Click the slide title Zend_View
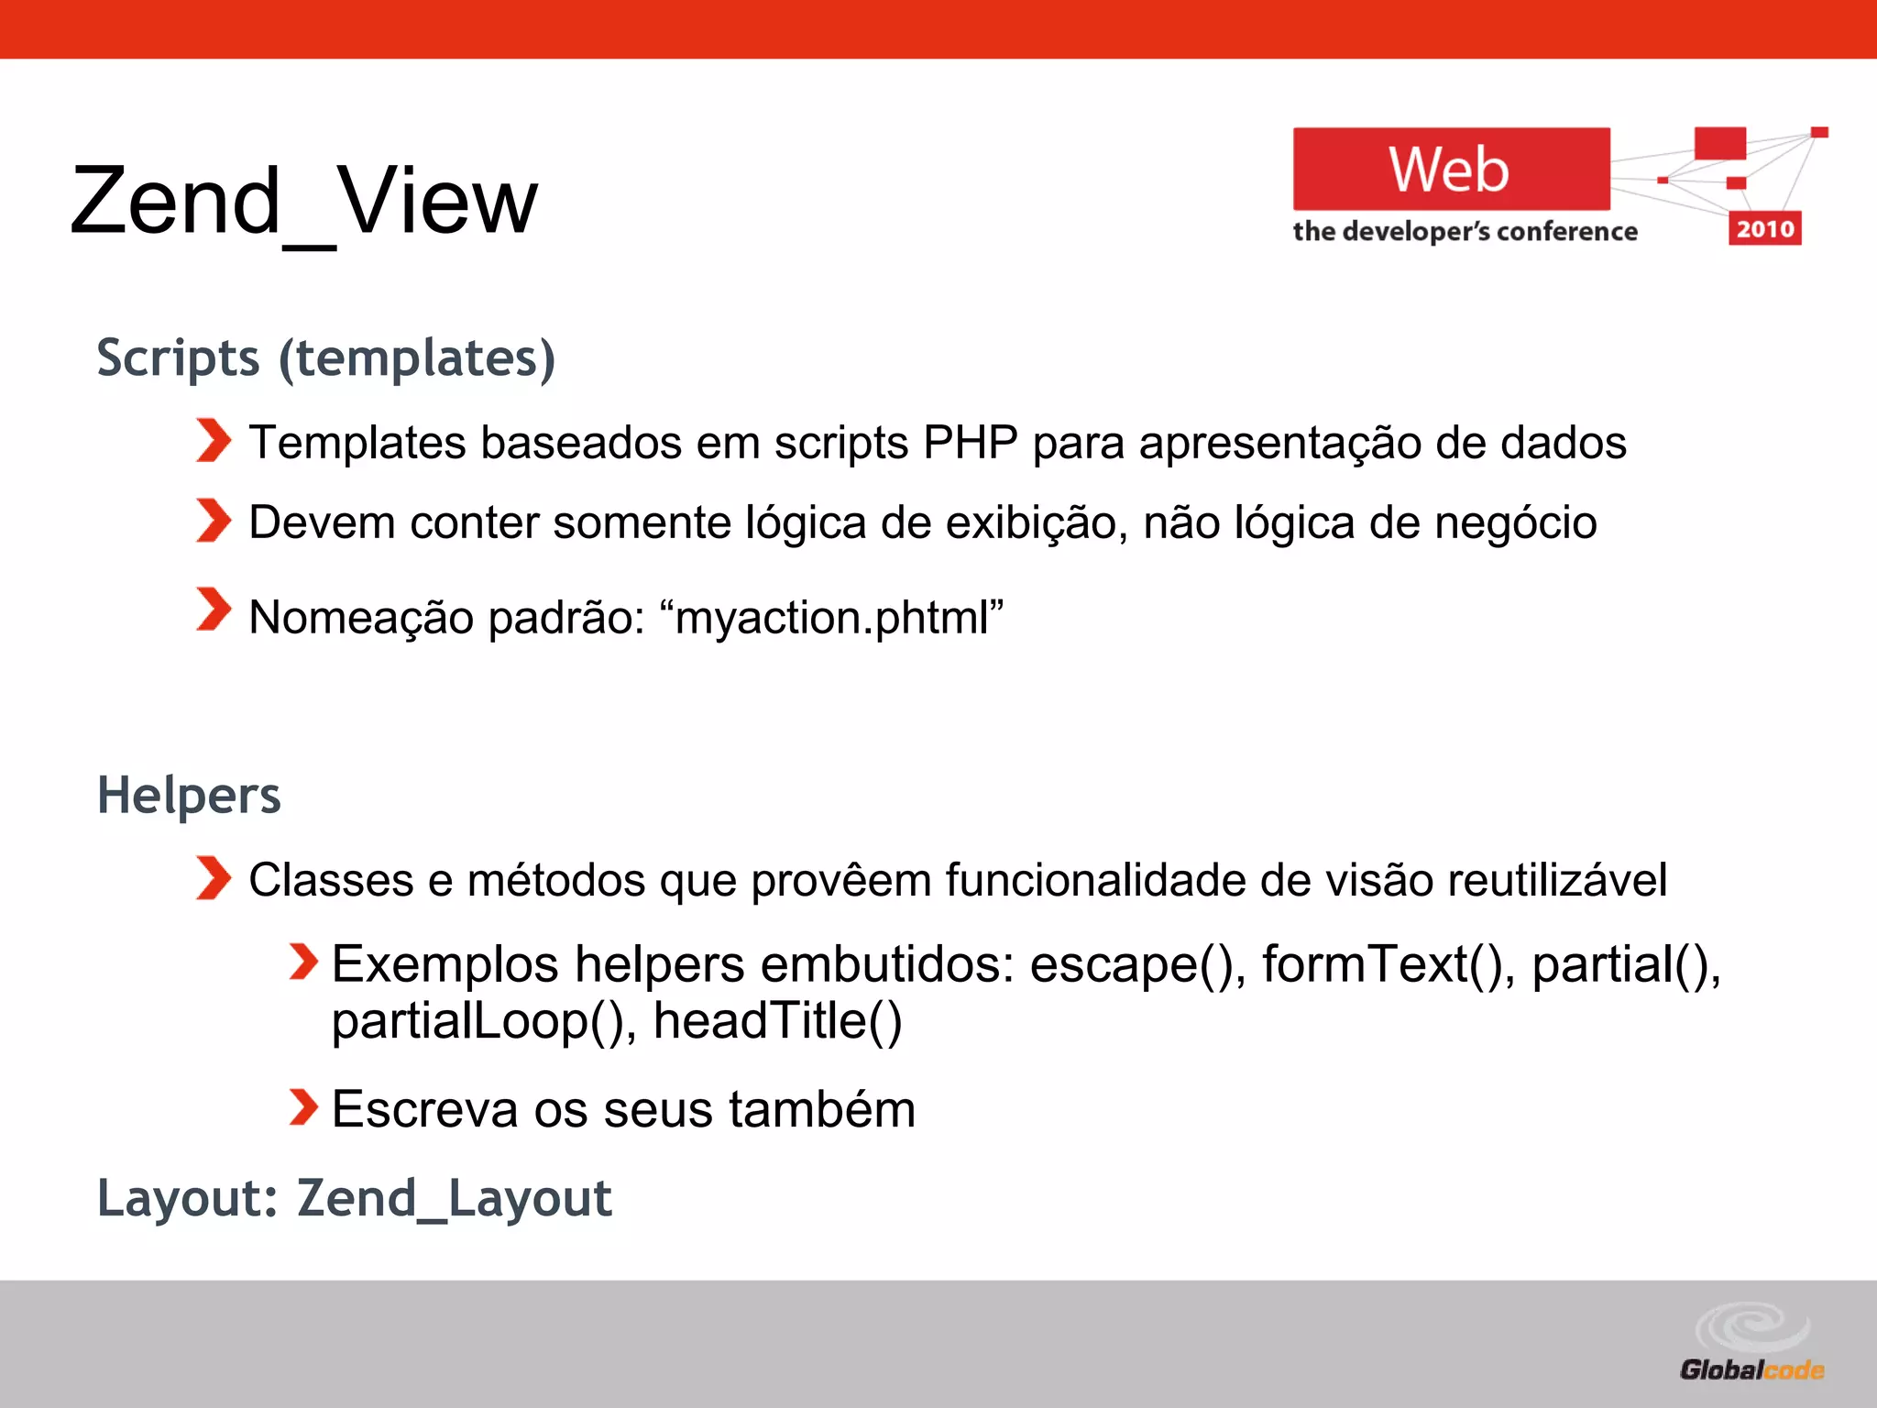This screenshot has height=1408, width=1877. point(303,201)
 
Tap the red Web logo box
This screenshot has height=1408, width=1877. point(1450,170)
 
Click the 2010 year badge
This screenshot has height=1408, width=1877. point(1764,228)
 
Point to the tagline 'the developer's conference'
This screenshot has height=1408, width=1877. point(1465,231)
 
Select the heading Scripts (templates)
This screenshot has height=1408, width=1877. point(325,357)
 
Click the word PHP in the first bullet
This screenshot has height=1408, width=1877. point(970,443)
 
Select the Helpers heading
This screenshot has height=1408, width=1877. point(189,795)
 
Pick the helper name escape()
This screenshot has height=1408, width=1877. point(1136,964)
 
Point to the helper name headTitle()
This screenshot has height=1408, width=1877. point(777,1021)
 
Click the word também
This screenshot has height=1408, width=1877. point(822,1109)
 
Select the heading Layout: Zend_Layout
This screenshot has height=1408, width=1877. point(354,1198)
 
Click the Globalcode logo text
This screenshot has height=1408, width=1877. point(1751,1369)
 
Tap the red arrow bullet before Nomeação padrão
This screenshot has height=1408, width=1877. point(214,610)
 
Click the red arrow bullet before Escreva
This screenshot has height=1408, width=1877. point(302,1106)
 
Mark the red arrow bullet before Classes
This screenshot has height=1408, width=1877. point(214,878)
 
